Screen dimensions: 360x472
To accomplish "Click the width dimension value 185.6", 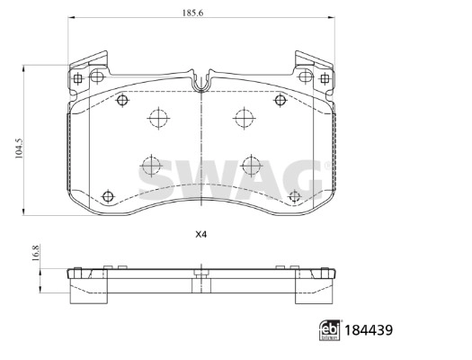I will click(200, 12).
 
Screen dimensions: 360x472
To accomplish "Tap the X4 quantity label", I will click(201, 236).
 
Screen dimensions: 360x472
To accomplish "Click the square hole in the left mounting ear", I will click(79, 79).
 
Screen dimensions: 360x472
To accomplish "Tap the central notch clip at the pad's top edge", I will click(201, 84).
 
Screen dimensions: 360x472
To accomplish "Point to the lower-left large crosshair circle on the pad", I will click(149, 166).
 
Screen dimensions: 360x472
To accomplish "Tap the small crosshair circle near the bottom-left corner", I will click(108, 195).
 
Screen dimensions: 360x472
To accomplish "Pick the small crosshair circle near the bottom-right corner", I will click(294, 196).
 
